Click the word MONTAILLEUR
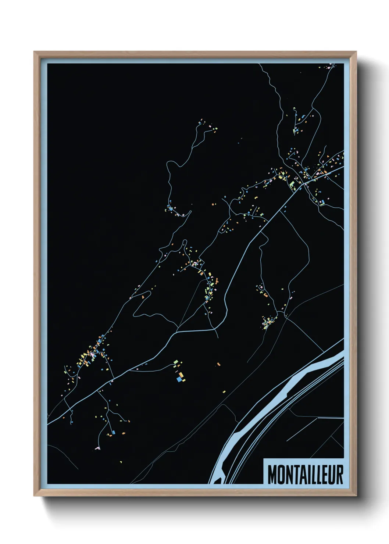(305, 475)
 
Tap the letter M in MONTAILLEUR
(272, 475)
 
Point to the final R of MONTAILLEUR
(339, 475)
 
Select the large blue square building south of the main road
(179, 379)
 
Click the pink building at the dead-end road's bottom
(97, 448)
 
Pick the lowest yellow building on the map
(120, 460)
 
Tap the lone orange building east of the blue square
(218, 364)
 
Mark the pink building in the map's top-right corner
(328, 68)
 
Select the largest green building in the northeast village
(292, 183)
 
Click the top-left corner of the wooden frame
(35, 52)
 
